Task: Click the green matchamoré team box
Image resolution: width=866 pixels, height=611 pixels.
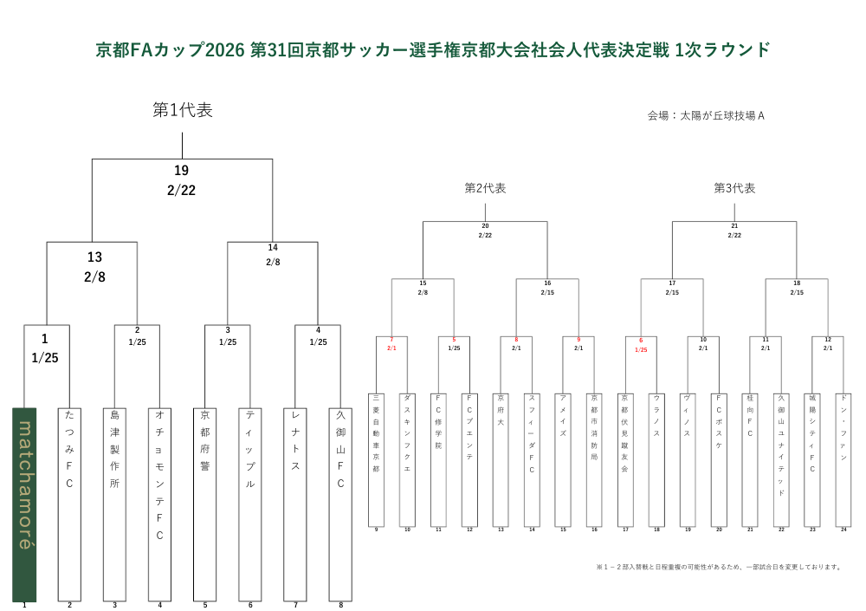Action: click(24, 504)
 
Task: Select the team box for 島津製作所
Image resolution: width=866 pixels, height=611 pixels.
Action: click(114, 504)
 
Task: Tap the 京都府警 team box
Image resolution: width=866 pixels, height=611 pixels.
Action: click(205, 504)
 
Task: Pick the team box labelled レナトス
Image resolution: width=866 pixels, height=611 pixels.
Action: click(295, 504)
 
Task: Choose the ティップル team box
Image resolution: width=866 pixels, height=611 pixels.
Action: click(250, 504)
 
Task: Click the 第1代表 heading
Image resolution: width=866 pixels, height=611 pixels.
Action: click(182, 110)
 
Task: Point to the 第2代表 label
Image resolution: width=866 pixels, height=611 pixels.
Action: click(485, 188)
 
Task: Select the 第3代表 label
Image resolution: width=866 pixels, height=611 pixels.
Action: click(734, 188)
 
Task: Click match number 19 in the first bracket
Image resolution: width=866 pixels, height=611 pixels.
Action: click(181, 171)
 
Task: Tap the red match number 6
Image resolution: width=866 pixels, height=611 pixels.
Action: click(641, 341)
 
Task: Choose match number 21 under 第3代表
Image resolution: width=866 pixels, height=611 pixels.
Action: click(734, 226)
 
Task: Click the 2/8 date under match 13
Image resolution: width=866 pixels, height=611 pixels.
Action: click(94, 277)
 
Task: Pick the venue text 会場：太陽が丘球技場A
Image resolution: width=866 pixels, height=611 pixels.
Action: click(706, 114)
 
